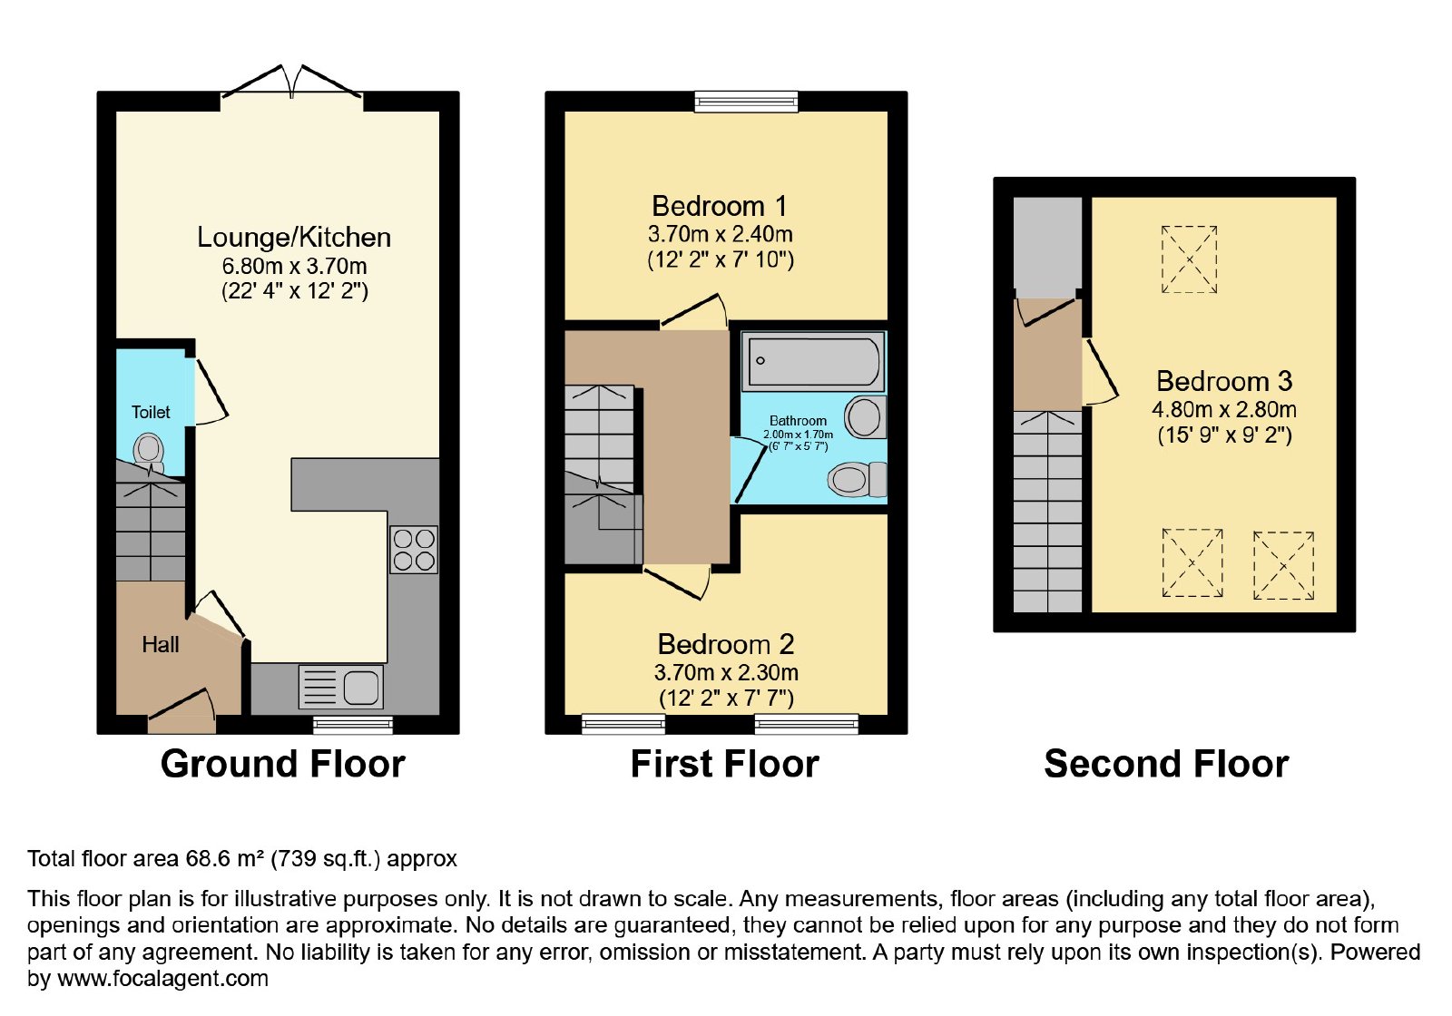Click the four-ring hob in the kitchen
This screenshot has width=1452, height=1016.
pyautogui.click(x=414, y=550)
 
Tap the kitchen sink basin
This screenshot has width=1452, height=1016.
pyautogui.click(x=361, y=687)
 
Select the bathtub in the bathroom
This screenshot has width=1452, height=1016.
pyautogui.click(x=813, y=361)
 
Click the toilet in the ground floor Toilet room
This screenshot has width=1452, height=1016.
pyautogui.click(x=149, y=452)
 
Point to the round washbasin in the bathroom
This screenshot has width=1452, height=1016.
pyautogui.click(x=865, y=417)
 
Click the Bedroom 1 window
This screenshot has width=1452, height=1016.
pyautogui.click(x=746, y=101)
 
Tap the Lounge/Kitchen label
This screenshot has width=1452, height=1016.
pyautogui.click(x=294, y=237)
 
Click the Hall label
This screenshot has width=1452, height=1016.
pyautogui.click(x=160, y=645)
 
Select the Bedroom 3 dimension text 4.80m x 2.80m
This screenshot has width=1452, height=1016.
pyautogui.click(x=1224, y=409)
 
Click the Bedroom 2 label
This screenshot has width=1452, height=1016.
pyautogui.click(x=725, y=644)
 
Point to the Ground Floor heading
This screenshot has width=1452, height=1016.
pyautogui.click(x=282, y=764)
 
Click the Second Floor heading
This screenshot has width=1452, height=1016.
pyautogui.click(x=1166, y=764)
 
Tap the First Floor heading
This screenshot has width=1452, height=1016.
pyautogui.click(x=725, y=764)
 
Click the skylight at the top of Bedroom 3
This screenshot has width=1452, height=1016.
pyautogui.click(x=1189, y=259)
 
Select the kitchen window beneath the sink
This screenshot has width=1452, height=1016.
pyautogui.click(x=353, y=725)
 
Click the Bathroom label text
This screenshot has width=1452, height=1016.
pyautogui.click(x=798, y=421)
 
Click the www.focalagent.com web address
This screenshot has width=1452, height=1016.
pyautogui.click(x=162, y=978)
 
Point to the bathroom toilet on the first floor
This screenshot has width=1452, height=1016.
pyautogui.click(x=857, y=480)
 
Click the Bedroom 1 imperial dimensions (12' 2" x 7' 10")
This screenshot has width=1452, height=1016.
pyautogui.click(x=721, y=260)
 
